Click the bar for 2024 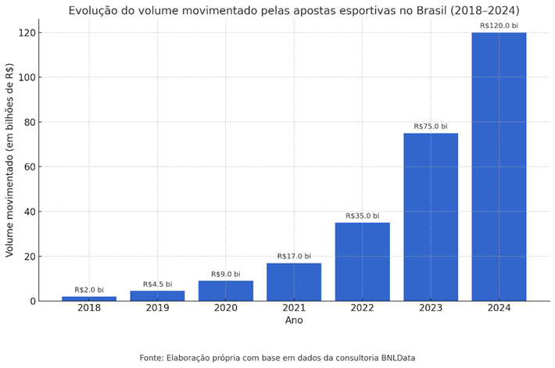(499, 166)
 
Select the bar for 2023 (431, 217)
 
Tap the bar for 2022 (362, 262)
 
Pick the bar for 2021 (294, 282)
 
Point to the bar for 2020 (226, 291)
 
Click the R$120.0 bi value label (499, 26)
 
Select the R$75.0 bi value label (431, 127)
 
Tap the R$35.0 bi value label (362, 216)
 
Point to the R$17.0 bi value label (294, 256)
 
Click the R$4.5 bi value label (157, 284)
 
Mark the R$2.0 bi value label (89, 290)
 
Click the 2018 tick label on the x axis (89, 308)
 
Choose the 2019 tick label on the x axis (157, 308)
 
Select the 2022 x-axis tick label (362, 308)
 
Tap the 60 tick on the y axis (27, 167)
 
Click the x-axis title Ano (294, 320)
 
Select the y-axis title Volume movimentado (10, 160)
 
